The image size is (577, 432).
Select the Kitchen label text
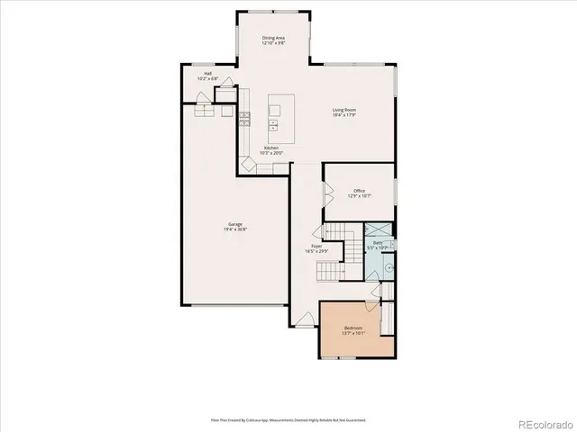270,148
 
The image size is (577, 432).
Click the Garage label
234,224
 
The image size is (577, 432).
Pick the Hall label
207,74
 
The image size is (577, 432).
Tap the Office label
359,191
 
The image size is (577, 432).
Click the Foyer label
316,246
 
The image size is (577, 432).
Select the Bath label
379,242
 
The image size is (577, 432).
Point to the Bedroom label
353,328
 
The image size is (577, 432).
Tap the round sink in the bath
389,266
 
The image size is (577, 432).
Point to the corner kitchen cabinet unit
246,166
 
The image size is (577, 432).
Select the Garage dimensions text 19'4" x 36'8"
234,229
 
